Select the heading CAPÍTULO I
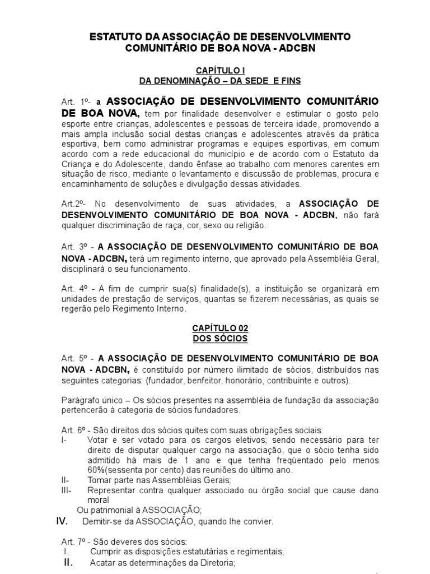[x=214, y=71]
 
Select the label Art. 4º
[x=76, y=289]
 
